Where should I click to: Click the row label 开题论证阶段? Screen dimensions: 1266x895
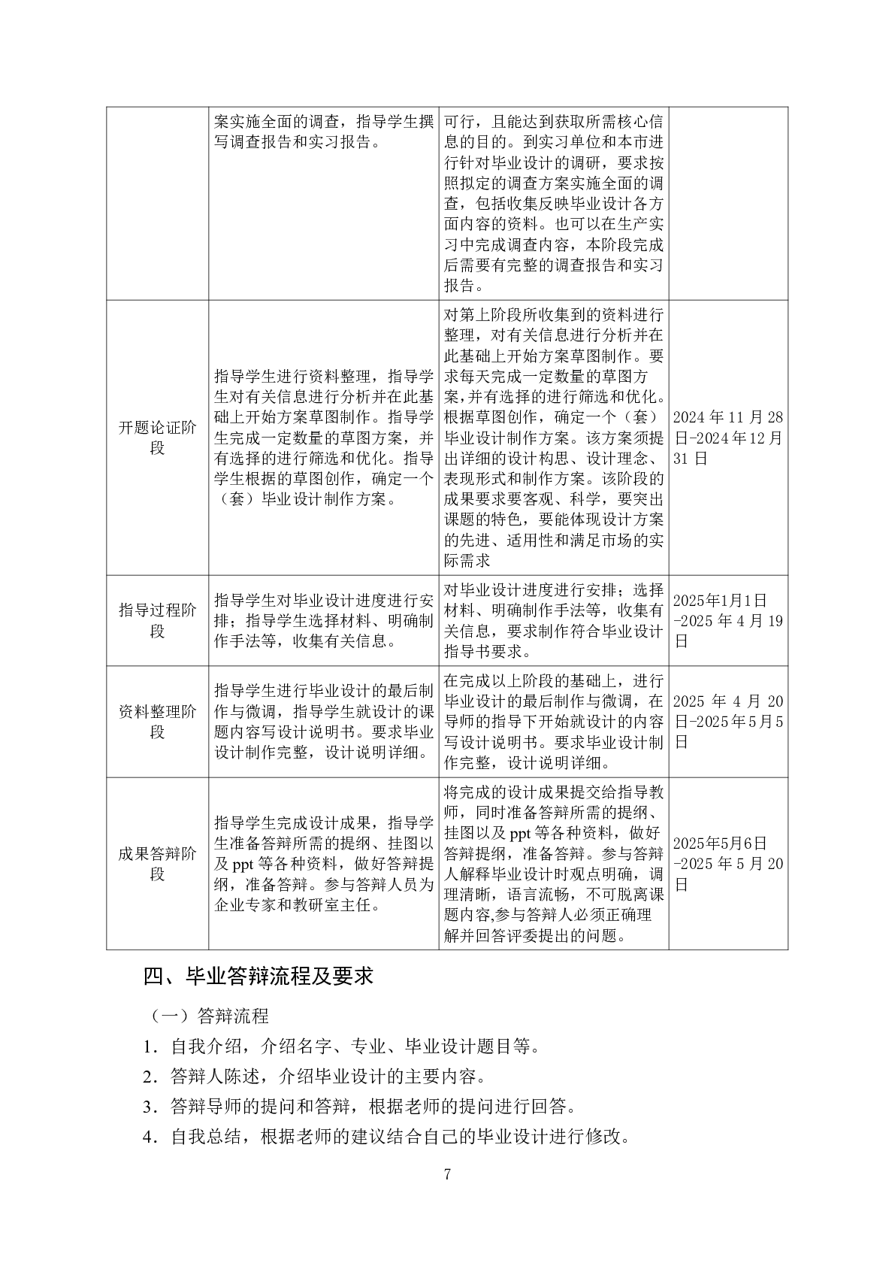[157, 438]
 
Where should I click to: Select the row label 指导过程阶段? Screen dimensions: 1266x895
[157, 620]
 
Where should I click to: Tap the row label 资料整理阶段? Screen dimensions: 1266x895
[157, 721]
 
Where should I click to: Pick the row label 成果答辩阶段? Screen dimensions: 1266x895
[157, 863]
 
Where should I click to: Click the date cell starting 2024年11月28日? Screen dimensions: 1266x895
[727, 438]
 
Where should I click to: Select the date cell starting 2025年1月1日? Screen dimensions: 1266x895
[727, 620]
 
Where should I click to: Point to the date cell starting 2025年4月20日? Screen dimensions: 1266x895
[727, 721]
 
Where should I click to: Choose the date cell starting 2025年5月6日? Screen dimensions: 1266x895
[727, 863]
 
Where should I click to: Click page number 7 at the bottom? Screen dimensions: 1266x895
[448, 1174]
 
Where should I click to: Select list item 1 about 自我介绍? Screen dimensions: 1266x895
[342, 1046]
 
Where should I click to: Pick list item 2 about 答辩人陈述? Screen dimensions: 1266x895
[314, 1077]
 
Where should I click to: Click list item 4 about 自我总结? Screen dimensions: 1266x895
[386, 1137]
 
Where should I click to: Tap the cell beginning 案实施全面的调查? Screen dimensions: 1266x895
[323, 132]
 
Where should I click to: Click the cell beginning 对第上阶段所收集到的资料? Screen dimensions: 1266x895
[554, 438]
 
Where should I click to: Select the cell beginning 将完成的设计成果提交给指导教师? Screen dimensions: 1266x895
[554, 863]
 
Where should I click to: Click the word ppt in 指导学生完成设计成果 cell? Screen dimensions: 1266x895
[243, 864]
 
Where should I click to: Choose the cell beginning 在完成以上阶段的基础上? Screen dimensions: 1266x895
[554, 721]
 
